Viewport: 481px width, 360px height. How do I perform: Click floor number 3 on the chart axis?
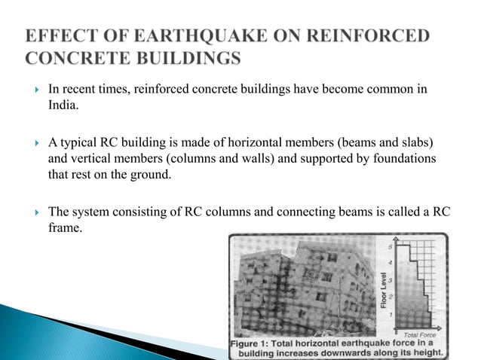point(389,280)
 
